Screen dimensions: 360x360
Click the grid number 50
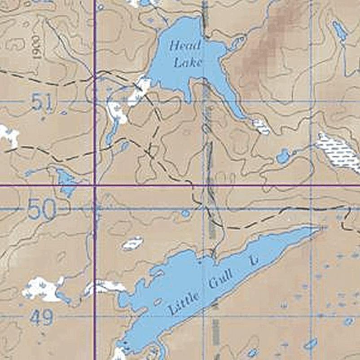[x=41, y=209]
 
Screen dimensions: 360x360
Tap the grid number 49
[x=42, y=318]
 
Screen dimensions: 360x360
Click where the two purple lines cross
[x=95, y=185]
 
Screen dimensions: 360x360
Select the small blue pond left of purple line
[x=66, y=182]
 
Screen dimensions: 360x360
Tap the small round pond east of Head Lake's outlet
[x=283, y=157]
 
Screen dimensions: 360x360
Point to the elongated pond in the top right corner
[x=339, y=30]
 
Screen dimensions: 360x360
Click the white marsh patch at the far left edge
[x=9, y=135]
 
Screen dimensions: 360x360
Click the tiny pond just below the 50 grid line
[x=185, y=214]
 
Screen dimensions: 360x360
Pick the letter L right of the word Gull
[x=254, y=260]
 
